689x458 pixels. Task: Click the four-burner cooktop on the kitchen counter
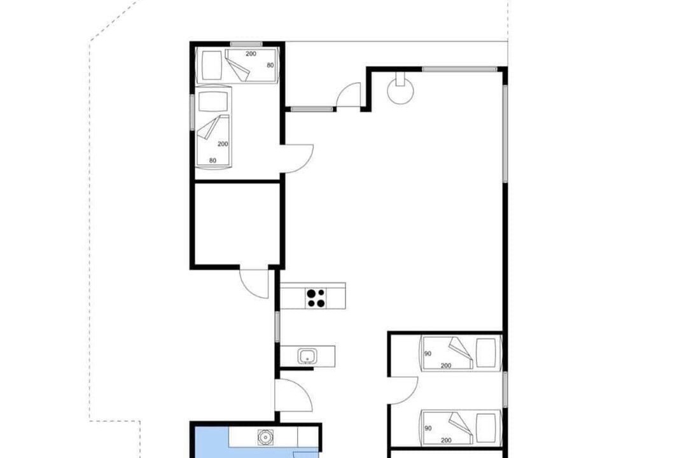tap(316, 298)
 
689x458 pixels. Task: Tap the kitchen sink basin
tap(307, 356)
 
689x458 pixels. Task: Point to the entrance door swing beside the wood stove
tap(349, 95)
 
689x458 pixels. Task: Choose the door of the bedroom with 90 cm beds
tap(403, 391)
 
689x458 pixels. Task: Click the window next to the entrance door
tap(312, 109)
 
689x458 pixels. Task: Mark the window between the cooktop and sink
tap(277, 326)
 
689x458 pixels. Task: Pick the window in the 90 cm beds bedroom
tap(505, 389)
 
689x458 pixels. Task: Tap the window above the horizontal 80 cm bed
tap(246, 43)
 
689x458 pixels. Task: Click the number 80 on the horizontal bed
tap(270, 65)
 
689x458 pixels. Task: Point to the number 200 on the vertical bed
tap(223, 144)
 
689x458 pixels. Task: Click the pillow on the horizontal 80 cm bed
tap(212, 66)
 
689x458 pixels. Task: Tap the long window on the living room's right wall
tap(505, 134)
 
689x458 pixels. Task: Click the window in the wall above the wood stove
tap(459, 69)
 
